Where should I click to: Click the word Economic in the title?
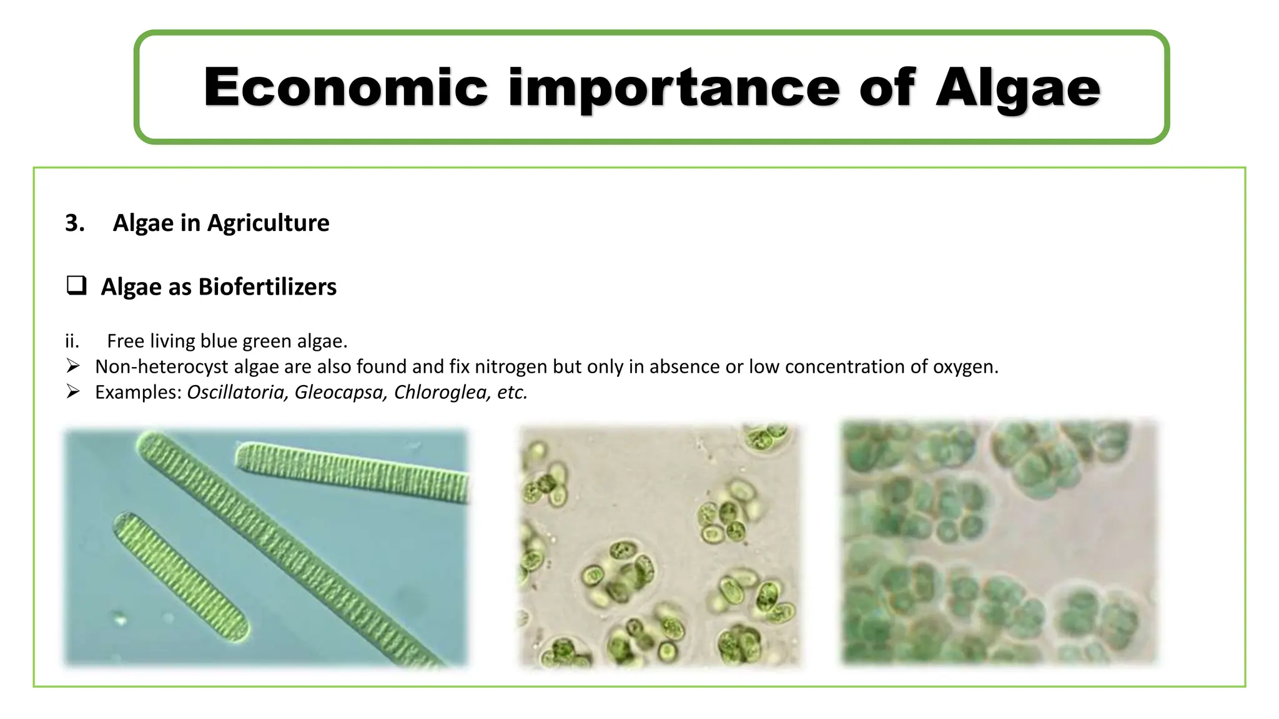(x=345, y=88)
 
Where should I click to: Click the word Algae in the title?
(x=1017, y=88)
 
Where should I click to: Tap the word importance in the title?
(x=674, y=88)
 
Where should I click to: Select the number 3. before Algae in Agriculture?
(x=74, y=223)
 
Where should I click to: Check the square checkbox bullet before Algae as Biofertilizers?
(x=76, y=286)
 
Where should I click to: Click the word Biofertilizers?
(x=267, y=286)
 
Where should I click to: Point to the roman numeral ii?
(x=72, y=341)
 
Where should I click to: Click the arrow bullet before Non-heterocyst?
(x=73, y=366)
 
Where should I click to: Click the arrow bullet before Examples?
(x=73, y=391)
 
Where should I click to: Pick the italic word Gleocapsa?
(x=340, y=392)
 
